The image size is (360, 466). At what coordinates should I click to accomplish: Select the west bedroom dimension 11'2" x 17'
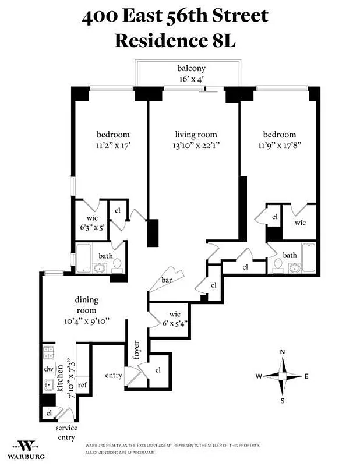pos(105,145)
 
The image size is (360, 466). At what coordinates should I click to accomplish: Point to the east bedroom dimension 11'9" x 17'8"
pos(277,145)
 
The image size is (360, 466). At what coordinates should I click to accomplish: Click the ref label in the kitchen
pos(82,385)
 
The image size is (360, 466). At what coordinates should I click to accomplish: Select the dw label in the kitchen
pos(48,369)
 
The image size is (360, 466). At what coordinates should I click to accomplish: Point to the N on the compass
pos(283,352)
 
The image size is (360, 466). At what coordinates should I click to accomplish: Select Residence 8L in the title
pos(175,41)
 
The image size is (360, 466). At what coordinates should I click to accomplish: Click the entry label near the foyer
pos(114,376)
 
